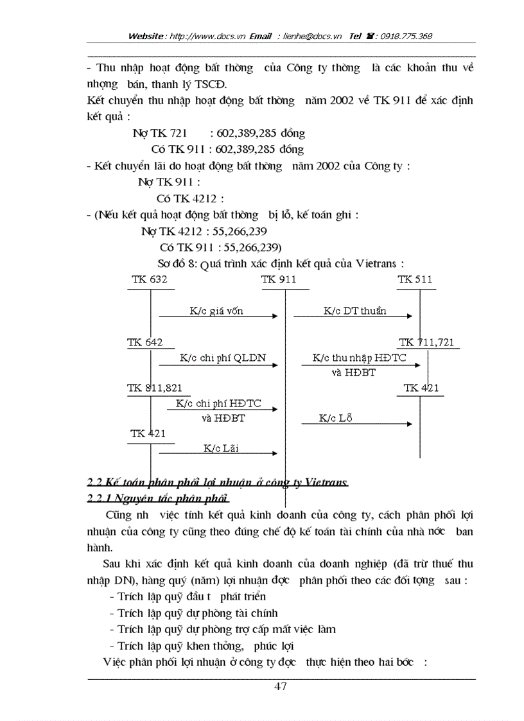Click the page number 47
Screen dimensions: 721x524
pos(280,686)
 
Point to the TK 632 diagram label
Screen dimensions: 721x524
pos(149,280)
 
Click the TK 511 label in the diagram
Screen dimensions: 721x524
pos(415,280)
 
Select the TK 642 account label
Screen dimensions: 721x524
pos(145,343)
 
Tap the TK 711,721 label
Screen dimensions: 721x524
pos(426,343)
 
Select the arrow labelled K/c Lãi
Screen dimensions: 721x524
pos(218,453)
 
